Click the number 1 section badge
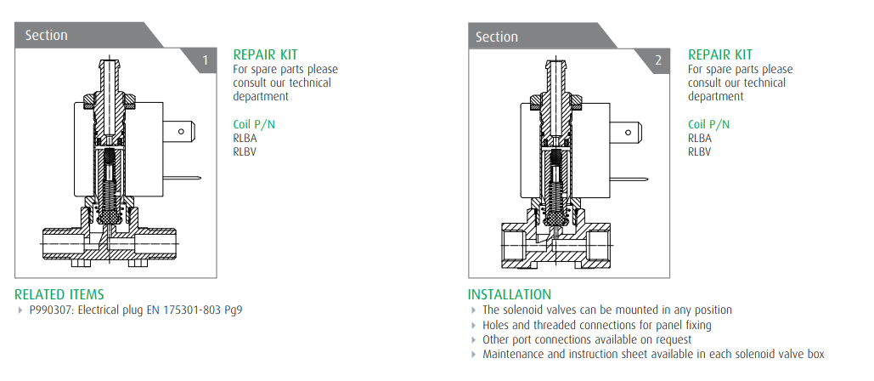point(206,60)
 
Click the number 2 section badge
point(659,60)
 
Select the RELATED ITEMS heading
point(59,294)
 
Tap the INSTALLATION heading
point(510,294)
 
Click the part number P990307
point(51,310)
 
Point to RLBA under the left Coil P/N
point(245,139)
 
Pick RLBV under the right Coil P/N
point(700,151)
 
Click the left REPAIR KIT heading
point(265,54)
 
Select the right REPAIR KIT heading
point(720,54)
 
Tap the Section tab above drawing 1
point(46,35)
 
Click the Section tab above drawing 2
point(497,37)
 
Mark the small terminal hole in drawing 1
point(181,132)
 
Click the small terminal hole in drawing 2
point(629,133)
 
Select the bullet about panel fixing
point(597,325)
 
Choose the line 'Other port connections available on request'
point(587,339)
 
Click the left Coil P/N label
point(254,124)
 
